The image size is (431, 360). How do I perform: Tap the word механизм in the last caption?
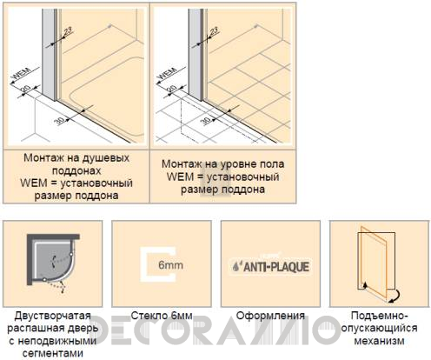[374, 341]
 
